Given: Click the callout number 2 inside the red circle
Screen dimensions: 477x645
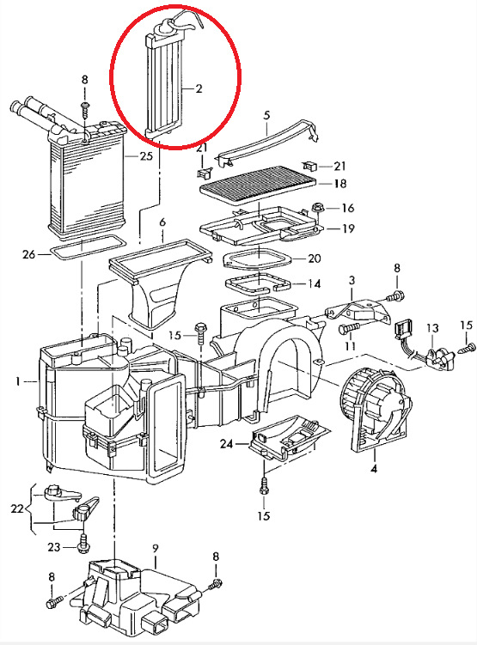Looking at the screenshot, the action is tap(199, 88).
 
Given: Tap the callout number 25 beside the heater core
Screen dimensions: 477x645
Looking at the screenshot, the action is tap(146, 156).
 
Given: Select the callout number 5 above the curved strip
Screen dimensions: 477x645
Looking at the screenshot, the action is tap(266, 115).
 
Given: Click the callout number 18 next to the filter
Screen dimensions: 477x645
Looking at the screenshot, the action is tap(340, 183).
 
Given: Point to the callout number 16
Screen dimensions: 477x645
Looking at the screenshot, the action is tap(348, 208).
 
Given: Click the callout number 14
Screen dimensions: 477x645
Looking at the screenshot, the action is tap(314, 283).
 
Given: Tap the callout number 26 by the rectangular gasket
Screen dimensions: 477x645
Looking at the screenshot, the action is tap(29, 254).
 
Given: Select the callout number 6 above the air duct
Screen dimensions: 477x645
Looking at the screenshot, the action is tap(162, 222).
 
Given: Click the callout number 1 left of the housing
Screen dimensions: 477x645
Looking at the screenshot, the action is tap(17, 381).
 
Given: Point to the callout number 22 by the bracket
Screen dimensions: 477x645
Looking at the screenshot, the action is tap(17, 508).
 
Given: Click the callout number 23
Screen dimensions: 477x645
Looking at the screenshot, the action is tap(54, 547).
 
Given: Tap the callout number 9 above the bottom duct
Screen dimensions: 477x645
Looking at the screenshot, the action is tap(156, 548).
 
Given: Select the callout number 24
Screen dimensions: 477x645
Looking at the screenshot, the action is tap(226, 444).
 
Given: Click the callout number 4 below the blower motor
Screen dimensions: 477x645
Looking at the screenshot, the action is tap(373, 469).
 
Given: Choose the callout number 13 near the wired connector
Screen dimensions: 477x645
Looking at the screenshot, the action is tap(432, 328).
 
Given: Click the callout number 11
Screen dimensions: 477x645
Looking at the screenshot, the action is tap(351, 345).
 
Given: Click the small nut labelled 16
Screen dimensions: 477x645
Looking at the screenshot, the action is tap(318, 208).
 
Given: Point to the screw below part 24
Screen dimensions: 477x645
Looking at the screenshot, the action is tap(264, 487).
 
